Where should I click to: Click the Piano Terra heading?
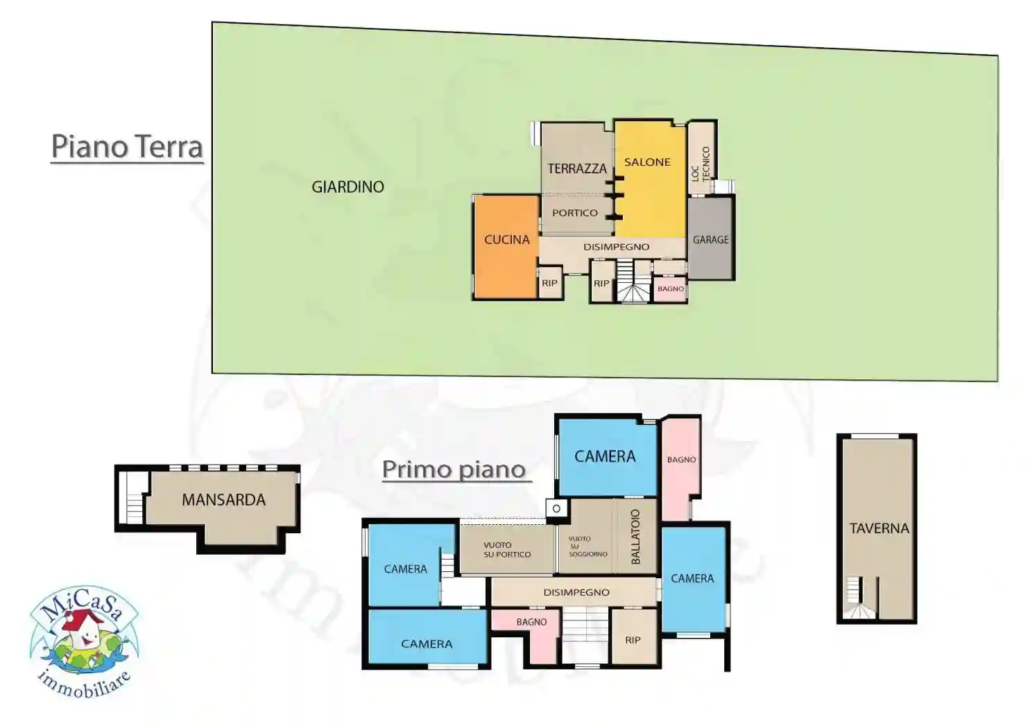127,146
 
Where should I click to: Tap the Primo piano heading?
454,469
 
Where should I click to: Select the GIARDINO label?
347,187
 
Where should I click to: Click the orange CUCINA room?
506,246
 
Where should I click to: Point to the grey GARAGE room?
711,239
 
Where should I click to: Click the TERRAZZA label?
577,168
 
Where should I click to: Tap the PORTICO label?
575,213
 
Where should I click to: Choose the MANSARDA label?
223,500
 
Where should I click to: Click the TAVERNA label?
879,528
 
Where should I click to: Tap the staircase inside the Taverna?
857,600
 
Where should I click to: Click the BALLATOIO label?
635,537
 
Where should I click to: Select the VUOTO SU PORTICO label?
507,550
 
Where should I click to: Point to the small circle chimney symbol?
556,509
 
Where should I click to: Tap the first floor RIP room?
633,640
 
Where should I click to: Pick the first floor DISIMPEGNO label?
576,592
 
